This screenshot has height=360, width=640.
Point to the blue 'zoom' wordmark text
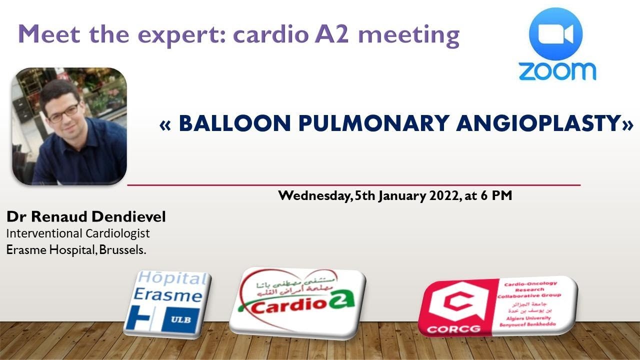(x=556, y=70)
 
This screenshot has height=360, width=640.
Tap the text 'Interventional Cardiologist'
(x=78, y=233)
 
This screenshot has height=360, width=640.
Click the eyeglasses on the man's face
(x=62, y=112)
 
